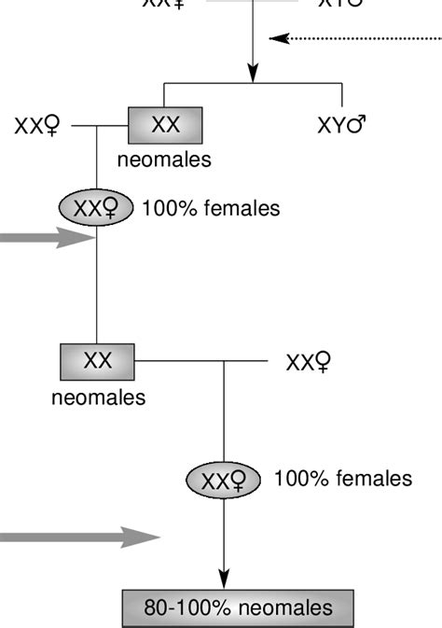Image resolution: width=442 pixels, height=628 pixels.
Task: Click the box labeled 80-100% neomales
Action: [238, 608]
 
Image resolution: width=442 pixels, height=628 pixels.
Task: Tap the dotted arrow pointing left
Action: [354, 38]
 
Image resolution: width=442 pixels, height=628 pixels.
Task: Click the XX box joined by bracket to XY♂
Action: [165, 125]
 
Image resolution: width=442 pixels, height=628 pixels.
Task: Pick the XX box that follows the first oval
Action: [97, 361]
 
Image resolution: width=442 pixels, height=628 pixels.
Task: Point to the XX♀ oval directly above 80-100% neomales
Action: [224, 481]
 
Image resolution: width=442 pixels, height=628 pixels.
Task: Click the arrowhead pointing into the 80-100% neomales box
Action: [224, 579]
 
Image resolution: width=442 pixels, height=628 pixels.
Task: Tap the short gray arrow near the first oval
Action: [47, 239]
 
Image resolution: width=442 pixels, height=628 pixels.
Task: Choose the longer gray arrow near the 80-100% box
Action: [79, 537]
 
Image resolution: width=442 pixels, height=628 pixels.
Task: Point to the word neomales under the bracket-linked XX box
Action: [164, 160]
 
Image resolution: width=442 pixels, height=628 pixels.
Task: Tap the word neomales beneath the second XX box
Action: [98, 398]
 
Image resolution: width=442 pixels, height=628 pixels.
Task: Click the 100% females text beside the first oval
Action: [211, 209]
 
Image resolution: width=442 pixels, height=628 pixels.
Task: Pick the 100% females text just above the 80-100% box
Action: [342, 479]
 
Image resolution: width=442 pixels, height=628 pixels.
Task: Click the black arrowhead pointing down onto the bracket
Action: [253, 72]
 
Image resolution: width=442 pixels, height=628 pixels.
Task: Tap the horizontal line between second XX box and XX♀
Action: [200, 361]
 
